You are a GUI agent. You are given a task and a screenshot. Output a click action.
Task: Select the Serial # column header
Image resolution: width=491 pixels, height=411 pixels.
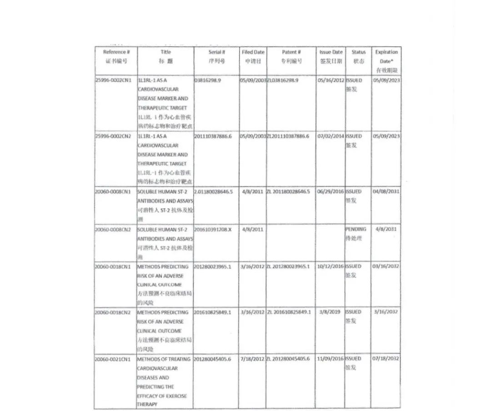217,52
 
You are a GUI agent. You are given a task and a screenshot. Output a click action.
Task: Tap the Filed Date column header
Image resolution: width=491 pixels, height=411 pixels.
253,52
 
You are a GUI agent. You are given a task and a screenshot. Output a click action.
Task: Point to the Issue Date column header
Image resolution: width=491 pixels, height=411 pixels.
331,52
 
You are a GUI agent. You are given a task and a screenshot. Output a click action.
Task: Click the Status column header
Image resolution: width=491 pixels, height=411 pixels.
358,52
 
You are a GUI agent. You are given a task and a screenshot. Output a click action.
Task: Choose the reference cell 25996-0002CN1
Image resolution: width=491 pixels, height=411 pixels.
113,80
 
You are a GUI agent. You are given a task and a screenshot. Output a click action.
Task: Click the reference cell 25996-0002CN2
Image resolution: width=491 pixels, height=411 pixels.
113,136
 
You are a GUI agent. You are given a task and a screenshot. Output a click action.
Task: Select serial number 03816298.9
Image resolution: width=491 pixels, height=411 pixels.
208,80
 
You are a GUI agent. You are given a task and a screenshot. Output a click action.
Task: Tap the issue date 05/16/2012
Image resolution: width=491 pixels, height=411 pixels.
331,80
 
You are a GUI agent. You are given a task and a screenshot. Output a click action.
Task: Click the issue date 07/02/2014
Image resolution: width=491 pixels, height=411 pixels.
331,136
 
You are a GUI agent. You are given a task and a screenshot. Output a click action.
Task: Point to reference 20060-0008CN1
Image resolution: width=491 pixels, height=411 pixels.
113,192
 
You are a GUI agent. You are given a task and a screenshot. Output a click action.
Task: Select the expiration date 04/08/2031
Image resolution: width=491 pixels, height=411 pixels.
386,192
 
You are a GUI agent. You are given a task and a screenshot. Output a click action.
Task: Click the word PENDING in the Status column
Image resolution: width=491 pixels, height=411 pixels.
356,230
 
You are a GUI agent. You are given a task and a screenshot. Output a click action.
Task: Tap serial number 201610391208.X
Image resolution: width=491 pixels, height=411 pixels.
213,230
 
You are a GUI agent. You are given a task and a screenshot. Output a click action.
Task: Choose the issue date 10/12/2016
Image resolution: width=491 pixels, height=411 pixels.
331,266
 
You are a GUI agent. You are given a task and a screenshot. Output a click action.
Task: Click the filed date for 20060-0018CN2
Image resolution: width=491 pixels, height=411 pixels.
252,312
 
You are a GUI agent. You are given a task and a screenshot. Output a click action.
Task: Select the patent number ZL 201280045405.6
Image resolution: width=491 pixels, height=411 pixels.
288,359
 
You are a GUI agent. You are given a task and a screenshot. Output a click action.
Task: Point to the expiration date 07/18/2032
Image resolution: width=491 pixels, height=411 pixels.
386,359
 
